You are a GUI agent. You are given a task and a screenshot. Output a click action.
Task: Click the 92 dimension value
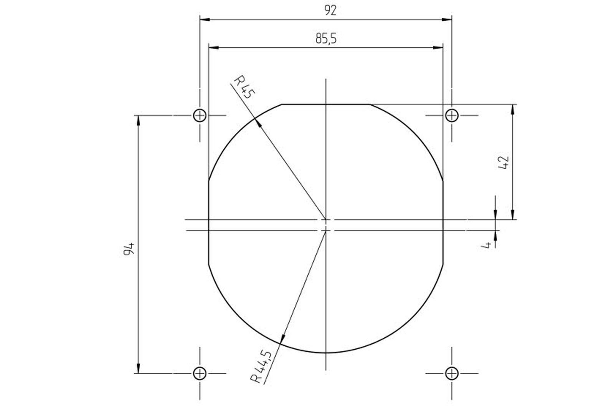pyautogui.click(x=330, y=10)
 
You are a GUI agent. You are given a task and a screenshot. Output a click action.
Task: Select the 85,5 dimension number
pyautogui.click(x=326, y=38)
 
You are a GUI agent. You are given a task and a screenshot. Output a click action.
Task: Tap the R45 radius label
pyautogui.click(x=244, y=87)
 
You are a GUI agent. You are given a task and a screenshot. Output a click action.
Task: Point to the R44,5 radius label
pyautogui.click(x=261, y=367)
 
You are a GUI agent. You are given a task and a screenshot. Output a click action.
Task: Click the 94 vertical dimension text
pyautogui.click(x=129, y=249)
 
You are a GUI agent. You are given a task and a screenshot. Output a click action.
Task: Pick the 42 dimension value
pyautogui.click(x=503, y=163)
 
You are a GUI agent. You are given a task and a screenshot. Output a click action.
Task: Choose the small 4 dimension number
pyautogui.click(x=486, y=245)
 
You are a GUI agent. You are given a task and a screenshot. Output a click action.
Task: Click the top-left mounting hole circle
pyautogui.click(x=200, y=115)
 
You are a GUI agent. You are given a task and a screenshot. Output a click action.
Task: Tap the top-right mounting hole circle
pyautogui.click(x=452, y=115)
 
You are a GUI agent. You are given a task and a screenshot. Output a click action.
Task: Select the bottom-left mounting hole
pyautogui.click(x=200, y=373)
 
